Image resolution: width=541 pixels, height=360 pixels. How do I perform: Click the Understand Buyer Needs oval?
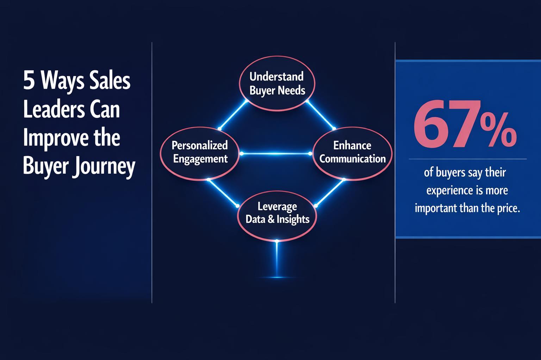pos(277,84)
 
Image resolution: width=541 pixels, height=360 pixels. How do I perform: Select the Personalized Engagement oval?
pos(200,152)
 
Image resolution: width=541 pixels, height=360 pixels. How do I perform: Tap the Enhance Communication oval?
pos(352,152)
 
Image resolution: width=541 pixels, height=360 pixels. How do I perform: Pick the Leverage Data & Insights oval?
pos(278,213)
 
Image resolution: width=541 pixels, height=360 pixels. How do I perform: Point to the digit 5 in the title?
pos(27,82)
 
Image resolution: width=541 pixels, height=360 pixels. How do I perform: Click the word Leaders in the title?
pos(46,110)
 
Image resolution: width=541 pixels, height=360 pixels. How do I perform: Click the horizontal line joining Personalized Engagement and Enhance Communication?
pos(276,154)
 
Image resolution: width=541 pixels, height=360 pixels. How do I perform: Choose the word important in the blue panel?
pos(436,208)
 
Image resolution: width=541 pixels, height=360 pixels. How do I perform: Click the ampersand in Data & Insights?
pos(271,219)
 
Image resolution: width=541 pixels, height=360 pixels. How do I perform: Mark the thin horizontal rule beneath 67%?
pos(467,159)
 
